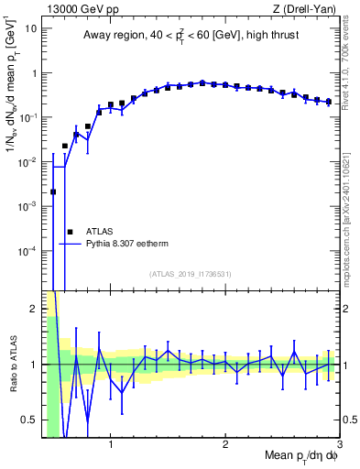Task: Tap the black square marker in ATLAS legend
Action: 70,232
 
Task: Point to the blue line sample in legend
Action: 71,245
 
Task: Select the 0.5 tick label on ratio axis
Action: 29,420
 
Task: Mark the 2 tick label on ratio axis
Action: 34,309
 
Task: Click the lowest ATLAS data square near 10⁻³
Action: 53,191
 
